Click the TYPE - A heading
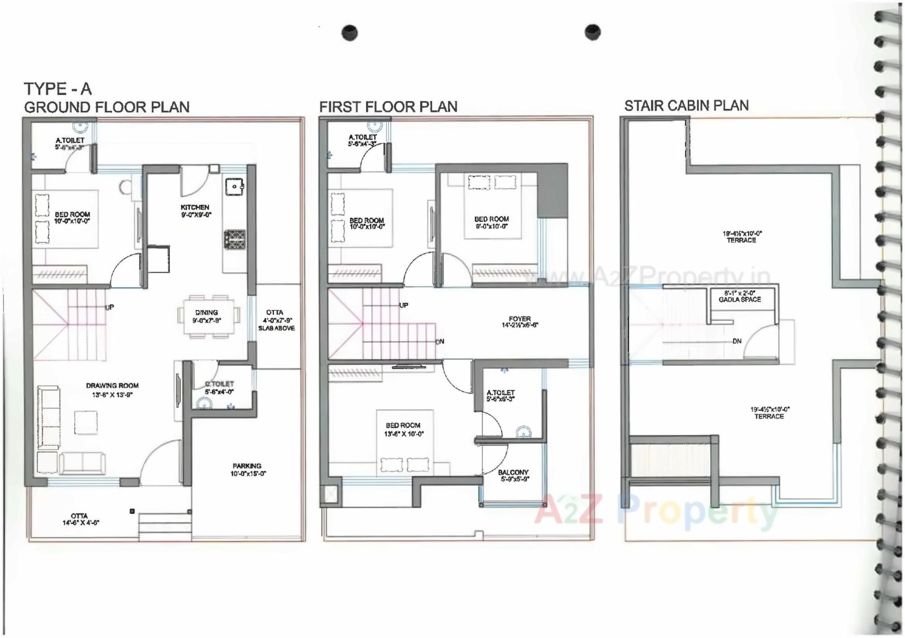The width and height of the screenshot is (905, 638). click(x=58, y=89)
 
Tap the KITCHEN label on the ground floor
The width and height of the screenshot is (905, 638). click(x=195, y=211)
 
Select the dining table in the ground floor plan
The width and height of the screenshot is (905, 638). click(x=208, y=316)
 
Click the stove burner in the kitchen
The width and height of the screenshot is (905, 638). click(x=235, y=239)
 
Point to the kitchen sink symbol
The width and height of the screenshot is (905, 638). click(x=235, y=186)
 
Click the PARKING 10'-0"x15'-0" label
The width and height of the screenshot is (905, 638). click(x=248, y=469)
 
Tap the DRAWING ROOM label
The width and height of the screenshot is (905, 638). click(x=112, y=390)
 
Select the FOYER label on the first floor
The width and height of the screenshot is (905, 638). click(x=520, y=321)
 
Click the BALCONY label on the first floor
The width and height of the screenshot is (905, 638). click(x=513, y=475)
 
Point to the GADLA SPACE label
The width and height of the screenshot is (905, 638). click(x=739, y=296)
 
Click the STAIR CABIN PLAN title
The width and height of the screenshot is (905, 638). click(x=686, y=106)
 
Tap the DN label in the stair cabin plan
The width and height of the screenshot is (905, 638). click(x=737, y=341)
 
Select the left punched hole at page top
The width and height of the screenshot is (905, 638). click(x=349, y=33)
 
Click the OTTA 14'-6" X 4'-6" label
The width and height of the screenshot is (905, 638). click(x=80, y=519)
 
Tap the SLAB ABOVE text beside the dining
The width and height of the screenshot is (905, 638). click(x=276, y=328)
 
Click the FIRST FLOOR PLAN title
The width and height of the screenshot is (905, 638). click(x=388, y=106)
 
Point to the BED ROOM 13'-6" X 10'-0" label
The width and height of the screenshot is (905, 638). click(x=403, y=429)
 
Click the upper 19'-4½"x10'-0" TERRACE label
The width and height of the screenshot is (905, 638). click(x=741, y=237)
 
